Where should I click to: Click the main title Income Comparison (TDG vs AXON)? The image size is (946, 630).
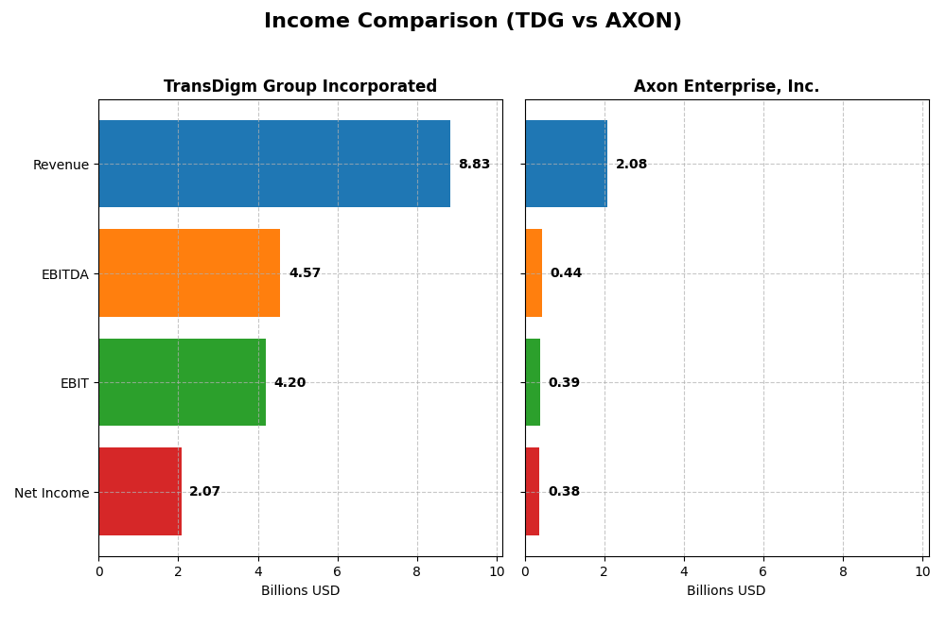pos(472,21)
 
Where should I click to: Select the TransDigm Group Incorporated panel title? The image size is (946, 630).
pos(300,86)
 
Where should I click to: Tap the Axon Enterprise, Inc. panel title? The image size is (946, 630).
pos(727,86)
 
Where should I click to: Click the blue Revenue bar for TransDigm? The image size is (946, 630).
pos(274,164)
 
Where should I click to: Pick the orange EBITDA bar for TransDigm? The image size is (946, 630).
pos(189,272)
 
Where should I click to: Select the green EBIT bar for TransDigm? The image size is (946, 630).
pos(182,382)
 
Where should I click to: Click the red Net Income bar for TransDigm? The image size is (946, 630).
pos(140,491)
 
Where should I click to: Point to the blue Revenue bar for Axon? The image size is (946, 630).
pos(566,164)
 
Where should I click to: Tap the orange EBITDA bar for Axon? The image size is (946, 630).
pos(534,272)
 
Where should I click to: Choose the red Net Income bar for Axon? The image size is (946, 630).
pos(532,491)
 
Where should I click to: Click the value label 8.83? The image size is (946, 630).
pos(474,165)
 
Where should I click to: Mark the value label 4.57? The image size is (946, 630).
pos(305,273)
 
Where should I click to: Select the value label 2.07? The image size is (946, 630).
pos(204,492)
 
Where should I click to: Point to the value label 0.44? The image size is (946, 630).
pos(566,273)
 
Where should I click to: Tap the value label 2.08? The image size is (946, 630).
pos(631,165)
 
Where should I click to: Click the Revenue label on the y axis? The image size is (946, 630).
pos(61,165)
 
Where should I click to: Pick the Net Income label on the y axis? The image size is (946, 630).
pos(51,492)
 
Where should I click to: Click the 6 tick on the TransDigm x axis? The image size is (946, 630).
pos(337,571)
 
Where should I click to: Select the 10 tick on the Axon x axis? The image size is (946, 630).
pos(922,571)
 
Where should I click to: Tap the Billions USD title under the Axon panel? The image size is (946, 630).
pos(727,590)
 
